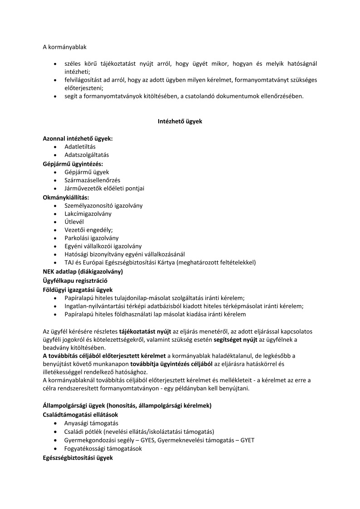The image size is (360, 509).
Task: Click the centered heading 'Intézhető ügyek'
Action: [180, 121]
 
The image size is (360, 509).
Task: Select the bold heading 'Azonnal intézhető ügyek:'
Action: [78, 138]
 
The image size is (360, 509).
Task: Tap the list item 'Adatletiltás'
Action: [80, 146]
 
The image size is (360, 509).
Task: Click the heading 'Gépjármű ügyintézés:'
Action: [73, 163]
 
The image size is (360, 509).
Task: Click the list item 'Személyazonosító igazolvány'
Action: [103, 205]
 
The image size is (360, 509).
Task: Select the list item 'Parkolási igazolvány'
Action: [92, 238]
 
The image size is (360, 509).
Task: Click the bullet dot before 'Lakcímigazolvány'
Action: [55, 214]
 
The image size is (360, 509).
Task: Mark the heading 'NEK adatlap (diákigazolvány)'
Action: [83, 271]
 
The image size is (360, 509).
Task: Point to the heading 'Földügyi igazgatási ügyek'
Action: [78, 289]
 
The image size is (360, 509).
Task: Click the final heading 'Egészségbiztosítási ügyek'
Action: [78, 457]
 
